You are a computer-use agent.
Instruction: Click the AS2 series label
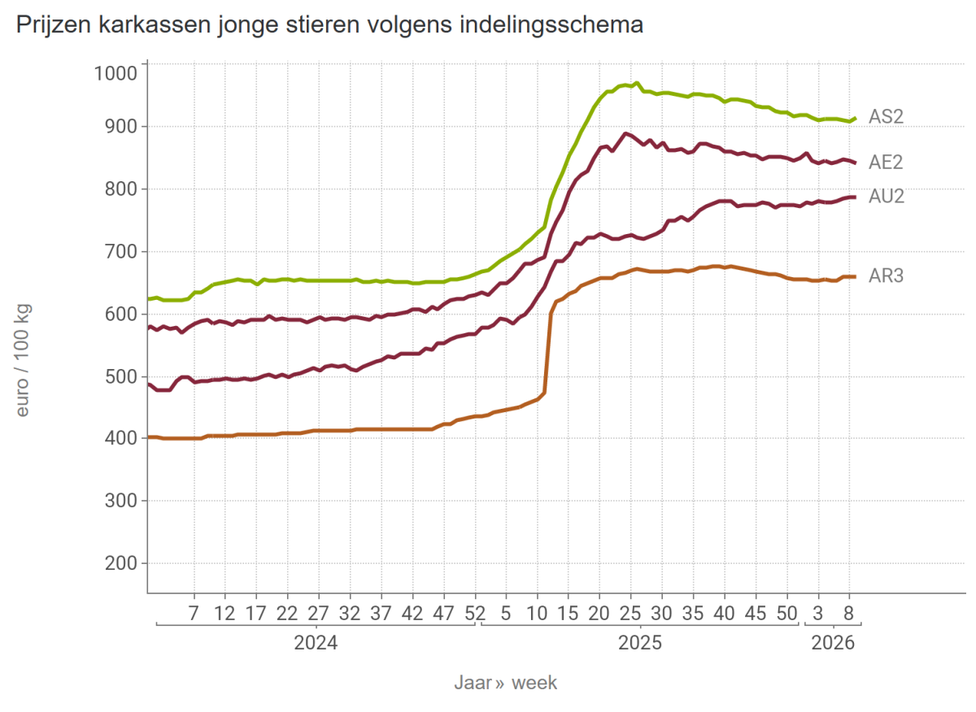point(886,117)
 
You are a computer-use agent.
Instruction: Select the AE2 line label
point(886,163)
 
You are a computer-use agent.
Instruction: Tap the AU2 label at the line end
point(887,197)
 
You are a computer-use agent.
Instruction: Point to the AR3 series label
point(886,276)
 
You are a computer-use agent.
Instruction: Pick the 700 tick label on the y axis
point(119,252)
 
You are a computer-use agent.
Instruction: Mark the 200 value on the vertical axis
point(119,563)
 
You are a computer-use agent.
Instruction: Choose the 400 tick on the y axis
point(119,439)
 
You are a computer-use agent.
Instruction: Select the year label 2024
point(316,644)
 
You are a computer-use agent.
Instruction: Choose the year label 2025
point(640,644)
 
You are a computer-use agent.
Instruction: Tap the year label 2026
point(833,644)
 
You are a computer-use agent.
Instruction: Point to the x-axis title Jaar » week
point(505,683)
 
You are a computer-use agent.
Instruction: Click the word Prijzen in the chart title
point(51,25)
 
